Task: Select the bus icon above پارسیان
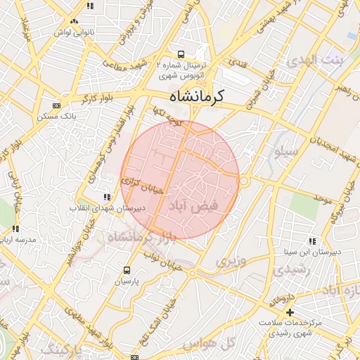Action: point(127,270)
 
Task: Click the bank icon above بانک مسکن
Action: point(57,106)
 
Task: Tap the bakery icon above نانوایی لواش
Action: point(74,22)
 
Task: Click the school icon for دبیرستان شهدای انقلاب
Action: point(106,198)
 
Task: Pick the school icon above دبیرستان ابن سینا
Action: point(312,241)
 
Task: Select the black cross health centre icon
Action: point(290,312)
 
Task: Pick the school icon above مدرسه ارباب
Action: point(15,229)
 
